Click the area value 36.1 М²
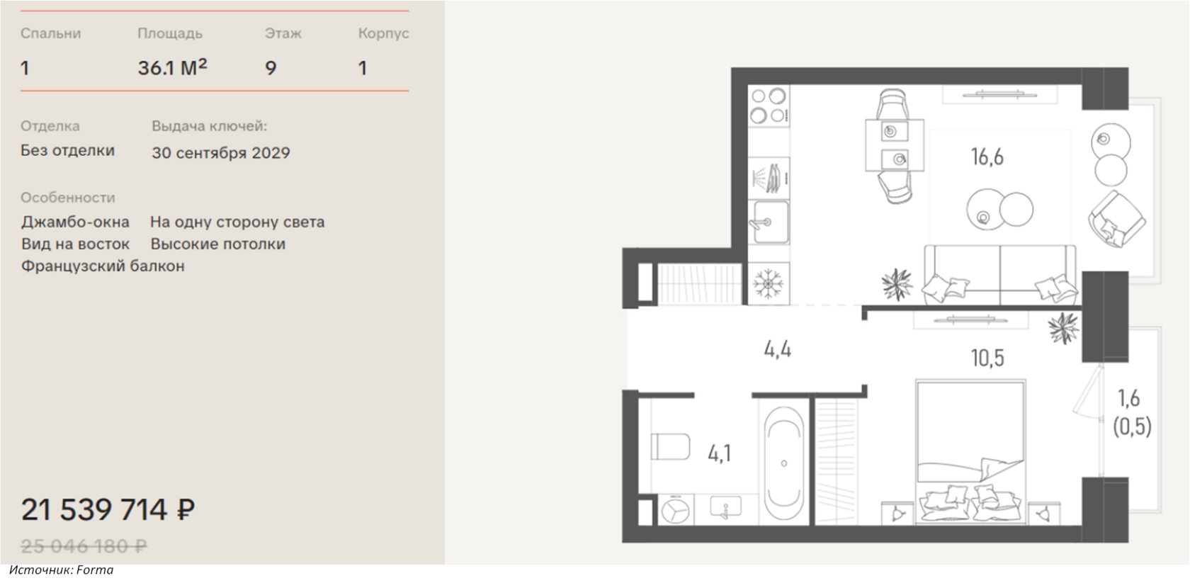[172, 67]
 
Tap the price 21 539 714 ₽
[108, 509]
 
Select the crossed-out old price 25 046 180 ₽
[84, 545]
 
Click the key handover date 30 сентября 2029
[221, 153]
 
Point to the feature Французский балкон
[103, 266]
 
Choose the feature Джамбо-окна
[75, 222]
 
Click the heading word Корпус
[384, 33]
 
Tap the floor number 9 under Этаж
[271, 68]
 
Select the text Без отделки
[67, 150]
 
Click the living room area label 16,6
[987, 157]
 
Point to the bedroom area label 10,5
[987, 358]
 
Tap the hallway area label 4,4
[778, 350]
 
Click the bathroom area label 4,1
[720, 453]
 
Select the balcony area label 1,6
[1129, 398]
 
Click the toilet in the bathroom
[670, 446]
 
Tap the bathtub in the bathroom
[784, 463]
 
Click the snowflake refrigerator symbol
[768, 284]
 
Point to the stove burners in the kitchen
[769, 106]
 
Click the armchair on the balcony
[1116, 219]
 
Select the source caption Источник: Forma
[61, 570]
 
